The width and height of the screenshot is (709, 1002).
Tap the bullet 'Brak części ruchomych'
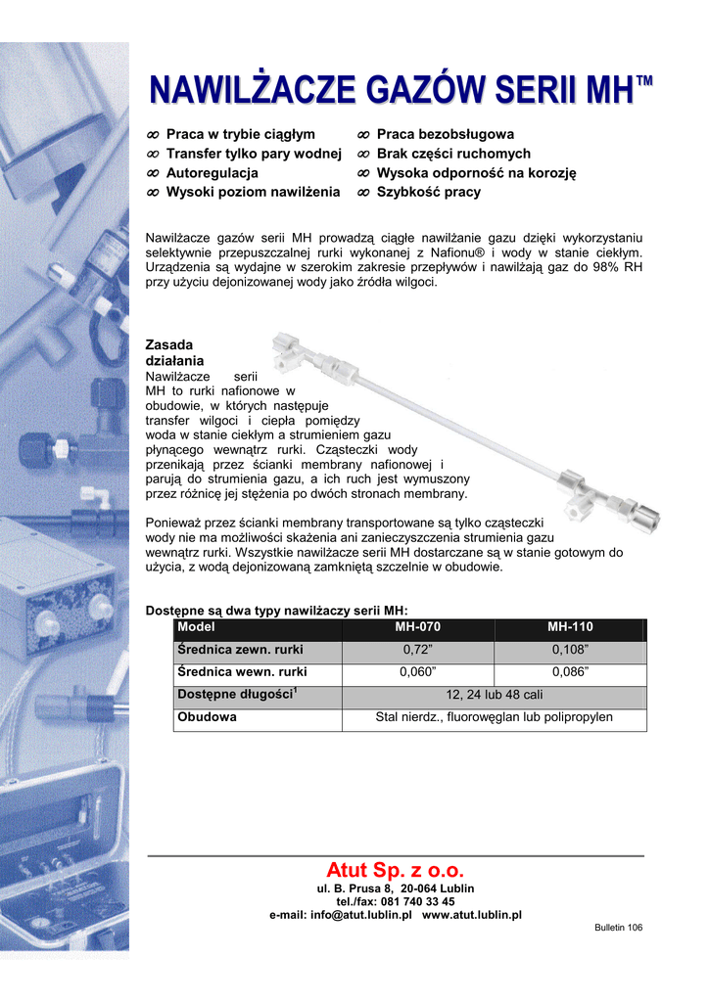point(453,154)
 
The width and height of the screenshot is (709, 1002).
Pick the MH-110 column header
point(570,627)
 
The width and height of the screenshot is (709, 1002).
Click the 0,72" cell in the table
point(418,650)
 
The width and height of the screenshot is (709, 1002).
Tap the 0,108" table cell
point(570,650)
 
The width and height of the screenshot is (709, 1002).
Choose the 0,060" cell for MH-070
point(418,672)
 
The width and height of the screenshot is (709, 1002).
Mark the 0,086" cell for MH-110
point(570,672)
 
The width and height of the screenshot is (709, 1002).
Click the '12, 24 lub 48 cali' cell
point(495,695)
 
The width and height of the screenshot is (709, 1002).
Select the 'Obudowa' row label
point(208,717)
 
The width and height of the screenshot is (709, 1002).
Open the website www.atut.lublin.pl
point(471,915)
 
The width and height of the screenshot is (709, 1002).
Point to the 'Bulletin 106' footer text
point(618,928)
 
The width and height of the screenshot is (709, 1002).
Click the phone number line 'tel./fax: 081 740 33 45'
point(396,901)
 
